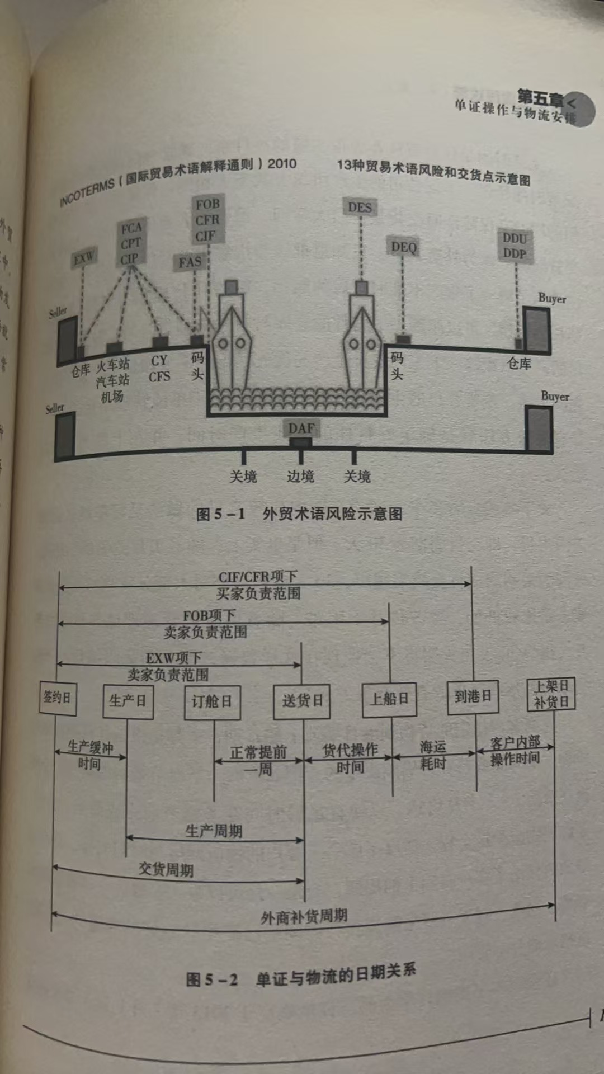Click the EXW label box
click(84, 258)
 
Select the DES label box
click(360, 207)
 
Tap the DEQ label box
click(403, 247)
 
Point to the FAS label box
click(190, 262)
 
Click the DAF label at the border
click(301, 428)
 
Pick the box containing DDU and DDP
click(515, 246)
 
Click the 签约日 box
click(57, 698)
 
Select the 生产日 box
click(128, 701)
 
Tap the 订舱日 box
click(212, 702)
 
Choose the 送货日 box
click(302, 701)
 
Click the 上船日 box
click(389, 699)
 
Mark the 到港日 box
click(473, 697)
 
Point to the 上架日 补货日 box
click(551, 695)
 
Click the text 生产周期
click(214, 831)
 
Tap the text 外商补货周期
click(304, 916)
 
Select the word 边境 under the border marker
click(300, 477)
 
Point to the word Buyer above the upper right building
click(552, 299)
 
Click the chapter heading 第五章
click(540, 98)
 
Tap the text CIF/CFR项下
click(258, 577)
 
